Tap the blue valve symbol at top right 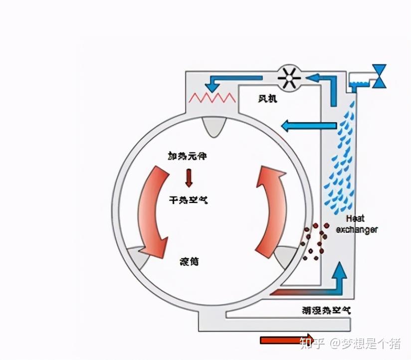pos(381,76)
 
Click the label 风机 pos(267,99)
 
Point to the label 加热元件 pos(187,157)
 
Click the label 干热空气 pos(188,200)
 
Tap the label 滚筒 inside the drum pos(189,261)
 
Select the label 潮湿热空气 pos(326,310)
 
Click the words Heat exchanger pos(356,224)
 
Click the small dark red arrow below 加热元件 pos(189,177)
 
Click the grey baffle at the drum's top pos(213,127)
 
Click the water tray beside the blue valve pos(358,80)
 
